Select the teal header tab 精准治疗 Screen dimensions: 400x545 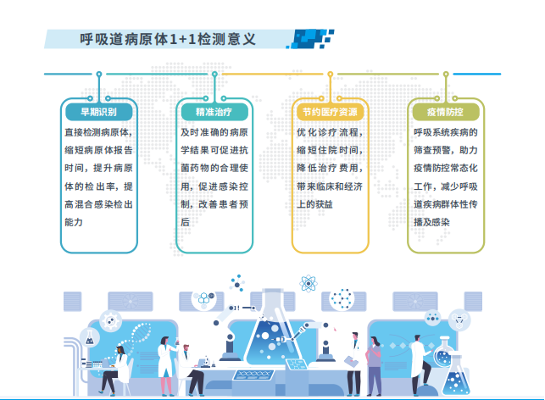click(x=214, y=112)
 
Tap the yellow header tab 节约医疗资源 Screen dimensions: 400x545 click(x=330, y=112)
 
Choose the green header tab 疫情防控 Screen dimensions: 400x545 click(x=445, y=112)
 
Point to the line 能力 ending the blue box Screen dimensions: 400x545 click(x=74, y=222)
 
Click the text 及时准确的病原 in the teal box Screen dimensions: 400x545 click(x=214, y=133)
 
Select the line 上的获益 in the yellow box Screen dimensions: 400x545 click(x=314, y=204)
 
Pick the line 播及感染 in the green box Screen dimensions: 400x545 click(x=431, y=222)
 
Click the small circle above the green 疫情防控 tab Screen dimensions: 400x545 click(x=443, y=75)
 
